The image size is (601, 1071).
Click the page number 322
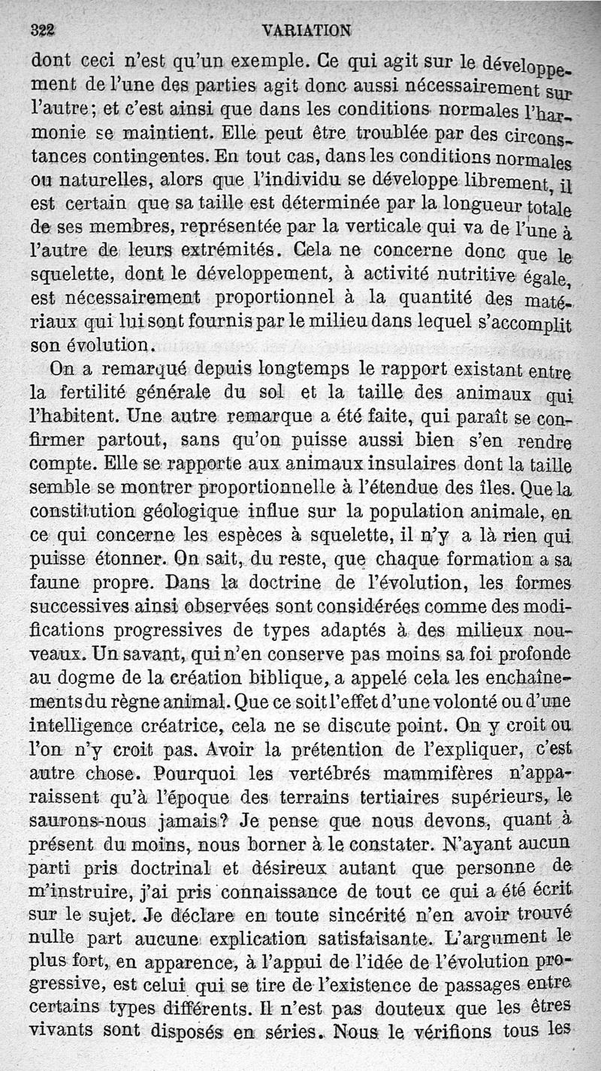[x=45, y=31]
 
